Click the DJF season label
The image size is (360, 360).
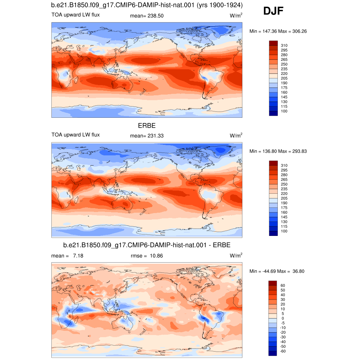(x=273, y=11)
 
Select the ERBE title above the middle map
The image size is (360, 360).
(x=147, y=126)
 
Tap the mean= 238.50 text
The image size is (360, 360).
(x=147, y=16)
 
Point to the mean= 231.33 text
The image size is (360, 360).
(x=147, y=136)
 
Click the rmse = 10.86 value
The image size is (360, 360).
(x=147, y=256)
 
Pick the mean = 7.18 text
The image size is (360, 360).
(x=67, y=256)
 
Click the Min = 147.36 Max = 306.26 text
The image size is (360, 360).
(x=278, y=31)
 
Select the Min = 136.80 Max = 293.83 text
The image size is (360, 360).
(x=278, y=151)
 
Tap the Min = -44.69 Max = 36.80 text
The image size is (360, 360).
(x=277, y=271)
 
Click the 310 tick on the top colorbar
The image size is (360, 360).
(x=284, y=45)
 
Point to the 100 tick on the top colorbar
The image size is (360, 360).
(x=284, y=111)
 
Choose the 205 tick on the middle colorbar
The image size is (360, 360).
(x=284, y=198)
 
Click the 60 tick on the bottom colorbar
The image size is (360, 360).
(x=283, y=285)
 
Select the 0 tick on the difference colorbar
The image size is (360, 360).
(x=283, y=319)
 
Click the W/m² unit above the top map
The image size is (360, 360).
(x=236, y=15)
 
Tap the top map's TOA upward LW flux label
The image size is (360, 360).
(x=76, y=15)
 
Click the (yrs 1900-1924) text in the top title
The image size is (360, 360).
(x=219, y=5)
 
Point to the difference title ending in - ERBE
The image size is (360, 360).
(x=147, y=245)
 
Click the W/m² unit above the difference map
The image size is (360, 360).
(x=236, y=255)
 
